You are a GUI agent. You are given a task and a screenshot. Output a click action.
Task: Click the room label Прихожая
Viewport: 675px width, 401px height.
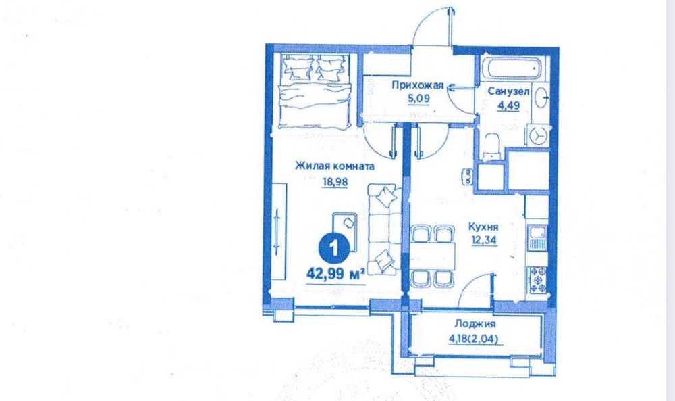[418, 85]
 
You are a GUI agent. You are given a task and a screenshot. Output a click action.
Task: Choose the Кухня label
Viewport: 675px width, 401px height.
[484, 229]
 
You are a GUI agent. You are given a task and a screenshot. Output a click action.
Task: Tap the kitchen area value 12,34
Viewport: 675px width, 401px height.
[484, 241]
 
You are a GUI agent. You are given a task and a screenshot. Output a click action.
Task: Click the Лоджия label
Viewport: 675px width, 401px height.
[471, 324]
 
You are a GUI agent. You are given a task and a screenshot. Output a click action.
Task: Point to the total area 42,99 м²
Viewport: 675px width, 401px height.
[335, 273]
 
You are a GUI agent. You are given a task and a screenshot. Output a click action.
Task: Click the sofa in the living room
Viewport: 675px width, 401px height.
[383, 228]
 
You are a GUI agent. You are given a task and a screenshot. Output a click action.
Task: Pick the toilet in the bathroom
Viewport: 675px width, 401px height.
[493, 145]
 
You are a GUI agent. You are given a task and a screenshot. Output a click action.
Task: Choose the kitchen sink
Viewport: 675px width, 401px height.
[538, 236]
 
